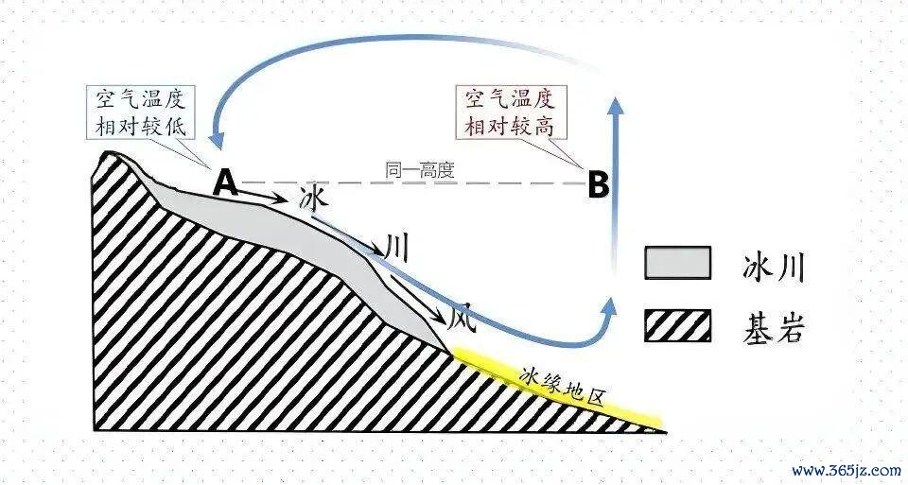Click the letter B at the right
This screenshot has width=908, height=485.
pos(598,185)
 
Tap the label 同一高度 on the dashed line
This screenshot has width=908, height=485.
pos(420,170)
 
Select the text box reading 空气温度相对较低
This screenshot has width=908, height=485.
pos(141,112)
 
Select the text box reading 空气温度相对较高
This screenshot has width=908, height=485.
pos(510,112)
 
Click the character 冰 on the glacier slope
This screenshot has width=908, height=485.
pos(314,200)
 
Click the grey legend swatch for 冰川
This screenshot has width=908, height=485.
pos(677,263)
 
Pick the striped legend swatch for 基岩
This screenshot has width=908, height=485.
pos(677,325)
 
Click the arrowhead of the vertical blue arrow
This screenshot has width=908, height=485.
pos(616,106)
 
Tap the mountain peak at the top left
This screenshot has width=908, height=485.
pos(109,153)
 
